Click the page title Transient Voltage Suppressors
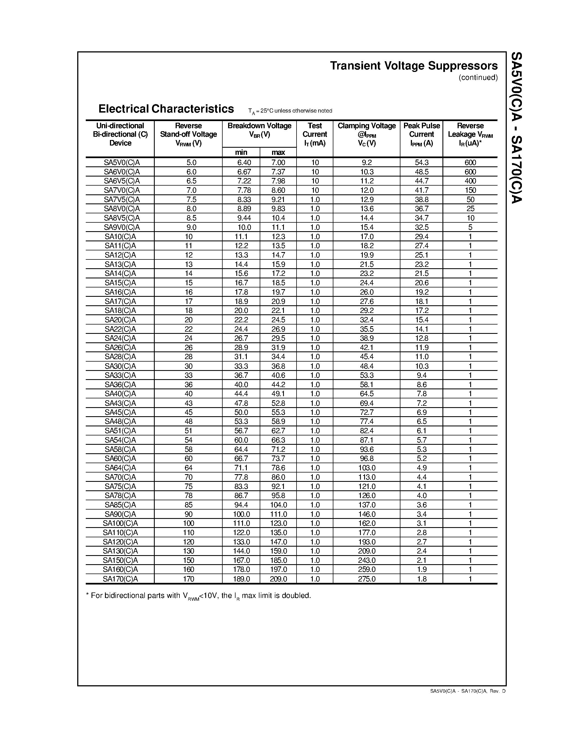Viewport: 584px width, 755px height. [414, 66]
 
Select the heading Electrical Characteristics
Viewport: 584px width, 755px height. [166, 109]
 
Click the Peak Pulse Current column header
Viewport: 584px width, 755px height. [421, 135]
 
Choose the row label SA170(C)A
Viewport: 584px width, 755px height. [120, 579]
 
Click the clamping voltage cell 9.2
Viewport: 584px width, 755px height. [366, 163]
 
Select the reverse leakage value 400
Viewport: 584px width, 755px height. [470, 181]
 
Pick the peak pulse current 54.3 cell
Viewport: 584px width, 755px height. [421, 163]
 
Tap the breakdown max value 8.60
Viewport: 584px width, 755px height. [278, 190]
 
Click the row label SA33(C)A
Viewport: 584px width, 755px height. [120, 375]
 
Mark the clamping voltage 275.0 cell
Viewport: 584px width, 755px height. [366, 579]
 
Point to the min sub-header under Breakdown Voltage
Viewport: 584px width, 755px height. [241, 152]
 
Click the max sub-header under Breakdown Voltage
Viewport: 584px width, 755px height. [278, 152]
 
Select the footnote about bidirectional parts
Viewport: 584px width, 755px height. [198, 596]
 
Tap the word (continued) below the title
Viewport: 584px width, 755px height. [478, 77]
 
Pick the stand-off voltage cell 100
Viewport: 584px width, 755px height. [189, 523]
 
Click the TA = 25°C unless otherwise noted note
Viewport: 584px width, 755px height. [290, 111]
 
